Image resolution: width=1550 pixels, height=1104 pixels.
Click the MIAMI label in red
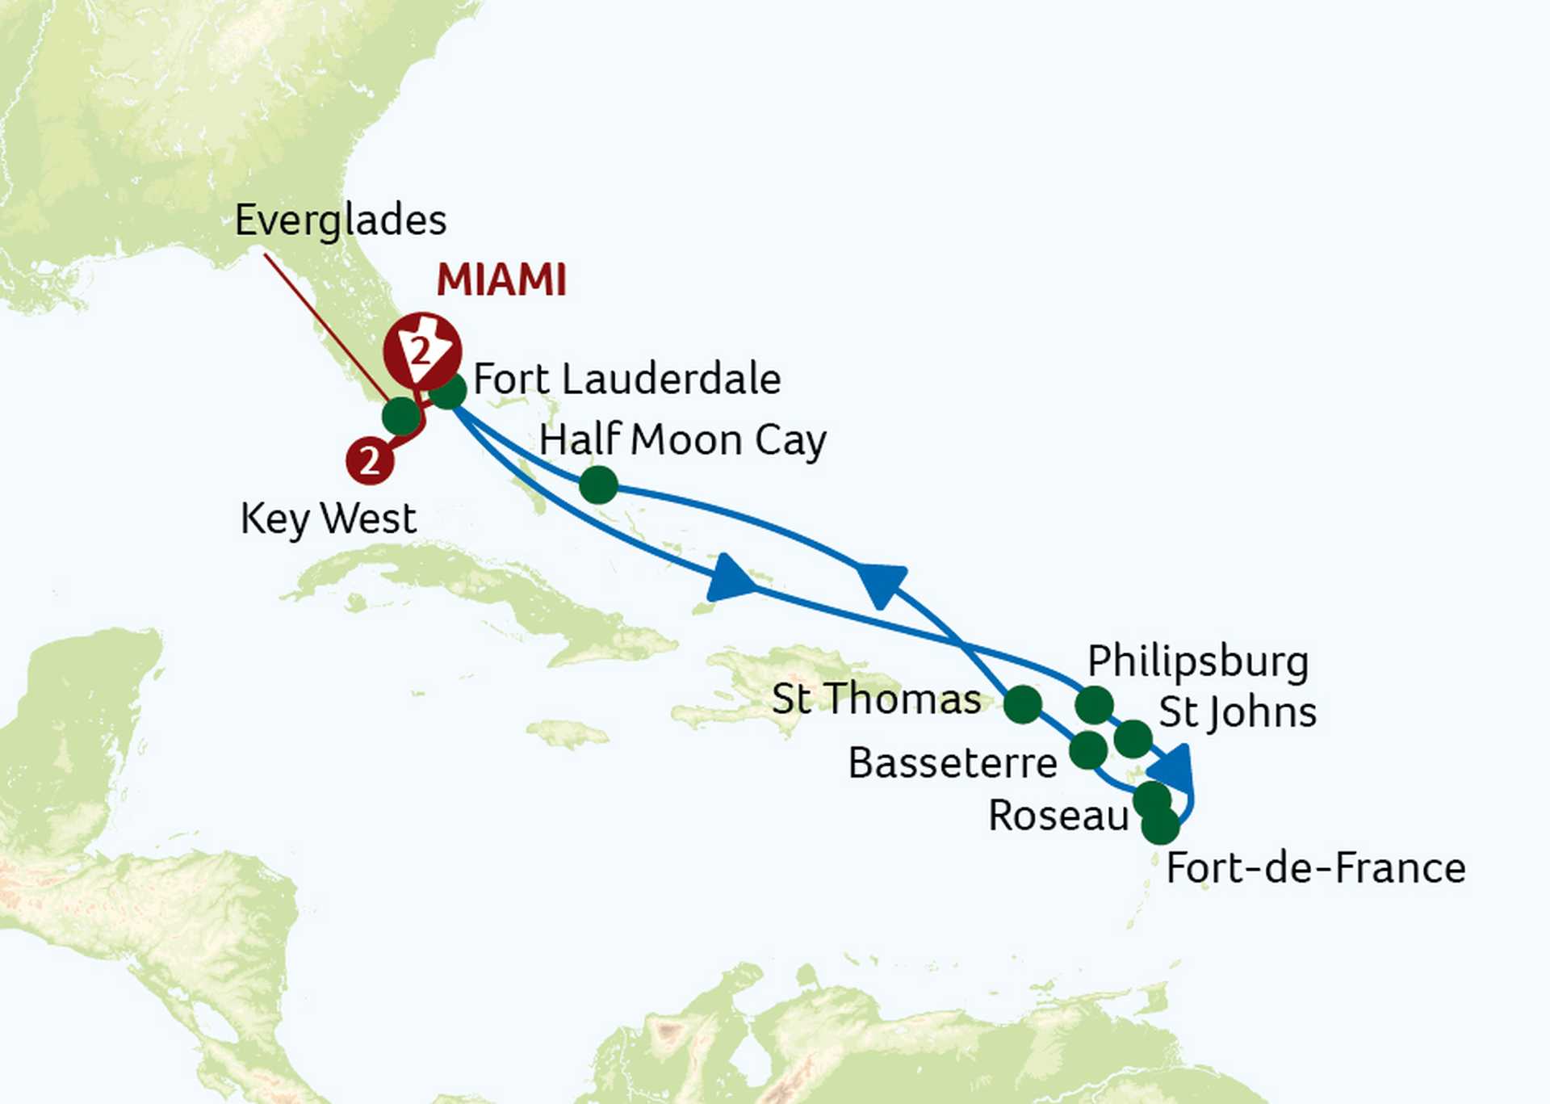(501, 280)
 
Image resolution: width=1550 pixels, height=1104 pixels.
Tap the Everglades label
(340, 220)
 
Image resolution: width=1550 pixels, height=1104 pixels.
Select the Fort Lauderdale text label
(626, 379)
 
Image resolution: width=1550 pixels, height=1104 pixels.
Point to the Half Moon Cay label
(682, 441)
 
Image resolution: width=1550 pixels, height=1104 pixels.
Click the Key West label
(328, 518)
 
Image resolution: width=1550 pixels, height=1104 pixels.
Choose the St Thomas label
(876, 699)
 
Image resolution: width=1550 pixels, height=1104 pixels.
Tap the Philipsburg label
(1197, 661)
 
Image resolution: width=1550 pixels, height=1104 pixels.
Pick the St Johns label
(1237, 712)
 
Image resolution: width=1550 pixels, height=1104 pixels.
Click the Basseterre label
(953, 763)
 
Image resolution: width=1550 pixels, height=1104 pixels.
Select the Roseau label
(1058, 816)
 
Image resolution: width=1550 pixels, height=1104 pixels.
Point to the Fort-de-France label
(1315, 869)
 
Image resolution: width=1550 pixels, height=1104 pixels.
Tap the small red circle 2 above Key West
(370, 460)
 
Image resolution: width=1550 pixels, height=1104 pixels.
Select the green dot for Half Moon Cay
(598, 485)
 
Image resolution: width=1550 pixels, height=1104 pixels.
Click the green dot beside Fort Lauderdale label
(448, 392)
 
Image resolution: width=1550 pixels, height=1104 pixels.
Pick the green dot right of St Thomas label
(1022, 704)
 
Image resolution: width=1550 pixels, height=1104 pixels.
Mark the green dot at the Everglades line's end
(401, 416)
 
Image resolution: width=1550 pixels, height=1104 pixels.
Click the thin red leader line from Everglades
(323, 323)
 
